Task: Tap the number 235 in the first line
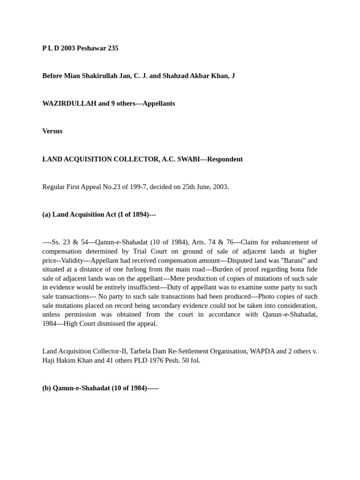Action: pos(113,48)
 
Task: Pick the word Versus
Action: pos(52,131)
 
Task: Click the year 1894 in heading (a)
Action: pos(136,215)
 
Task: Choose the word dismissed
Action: pos(126,323)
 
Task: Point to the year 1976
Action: pos(153,360)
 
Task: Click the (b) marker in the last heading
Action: pos(46,388)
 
